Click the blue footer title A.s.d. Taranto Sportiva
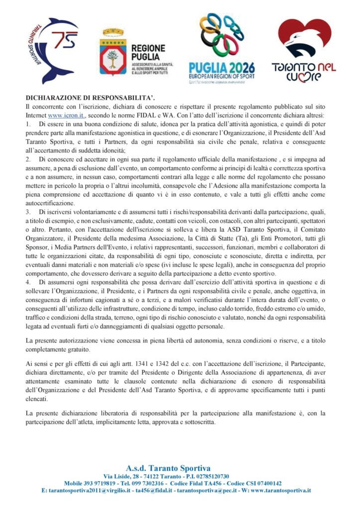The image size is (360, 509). (168, 468)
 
